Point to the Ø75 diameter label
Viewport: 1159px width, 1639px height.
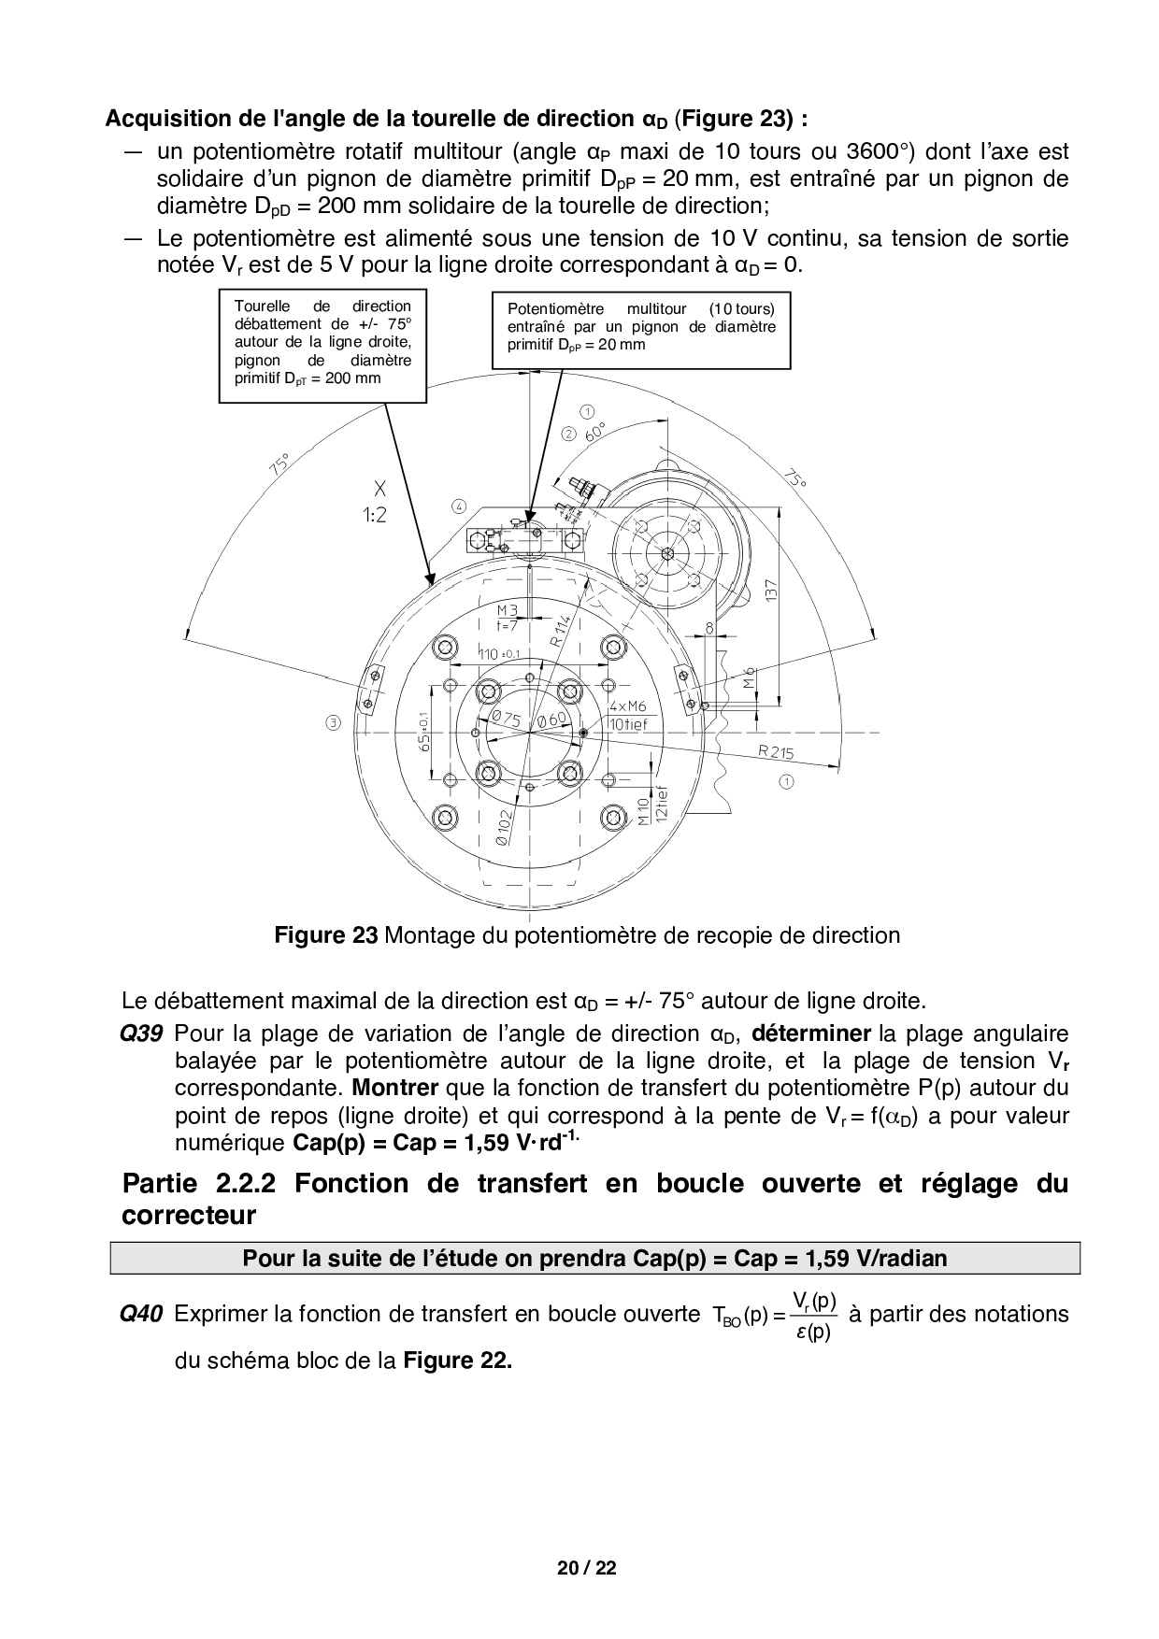[x=506, y=719]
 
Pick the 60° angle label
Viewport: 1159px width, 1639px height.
[x=594, y=432]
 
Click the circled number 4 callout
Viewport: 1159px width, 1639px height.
[x=458, y=506]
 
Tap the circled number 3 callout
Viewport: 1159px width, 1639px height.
[x=334, y=722]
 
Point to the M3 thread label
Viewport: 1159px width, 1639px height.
[x=507, y=611]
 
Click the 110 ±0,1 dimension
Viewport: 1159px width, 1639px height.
[x=500, y=653]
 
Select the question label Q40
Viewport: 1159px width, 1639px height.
[x=141, y=1314]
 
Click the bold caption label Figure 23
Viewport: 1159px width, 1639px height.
[x=325, y=934]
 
